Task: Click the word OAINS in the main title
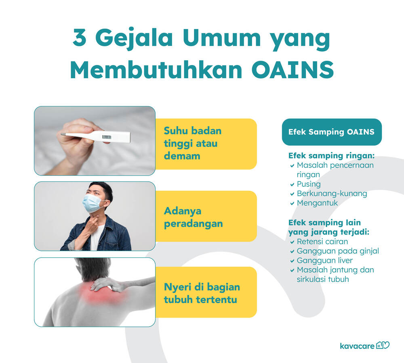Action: click(292, 69)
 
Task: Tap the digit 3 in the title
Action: click(79, 37)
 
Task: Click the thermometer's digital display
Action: click(106, 137)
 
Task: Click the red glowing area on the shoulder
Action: click(104, 293)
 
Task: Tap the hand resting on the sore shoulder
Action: click(108, 284)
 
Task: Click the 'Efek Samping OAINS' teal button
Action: click(332, 132)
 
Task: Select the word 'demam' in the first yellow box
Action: click(182, 156)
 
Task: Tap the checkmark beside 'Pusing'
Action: click(292, 184)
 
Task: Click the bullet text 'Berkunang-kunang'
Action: click(332, 194)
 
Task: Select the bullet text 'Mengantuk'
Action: click(317, 203)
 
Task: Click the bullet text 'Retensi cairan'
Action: click(322, 242)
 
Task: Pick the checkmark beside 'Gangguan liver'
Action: click(292, 261)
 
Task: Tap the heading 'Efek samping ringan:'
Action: click(331, 156)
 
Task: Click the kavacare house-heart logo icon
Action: click(383, 345)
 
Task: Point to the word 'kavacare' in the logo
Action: click(357, 346)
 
